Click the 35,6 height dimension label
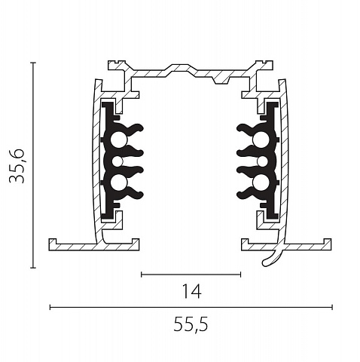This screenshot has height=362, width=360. point(17,166)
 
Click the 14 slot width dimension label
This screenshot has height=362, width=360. point(191,291)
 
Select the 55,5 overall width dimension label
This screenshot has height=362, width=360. point(191,324)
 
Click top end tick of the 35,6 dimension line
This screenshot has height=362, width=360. point(33,63)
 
